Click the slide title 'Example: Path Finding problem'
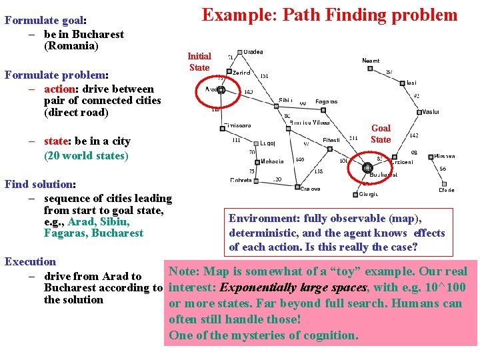[x=330, y=15]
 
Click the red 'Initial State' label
[x=199, y=62]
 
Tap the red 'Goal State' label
[x=381, y=133]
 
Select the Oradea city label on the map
[x=253, y=52]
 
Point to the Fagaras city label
[x=326, y=101]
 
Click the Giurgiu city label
[x=369, y=194]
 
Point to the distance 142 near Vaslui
[x=413, y=135]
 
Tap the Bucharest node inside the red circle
[x=367, y=167]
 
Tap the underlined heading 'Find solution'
[x=39, y=184]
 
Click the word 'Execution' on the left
[x=30, y=262]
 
